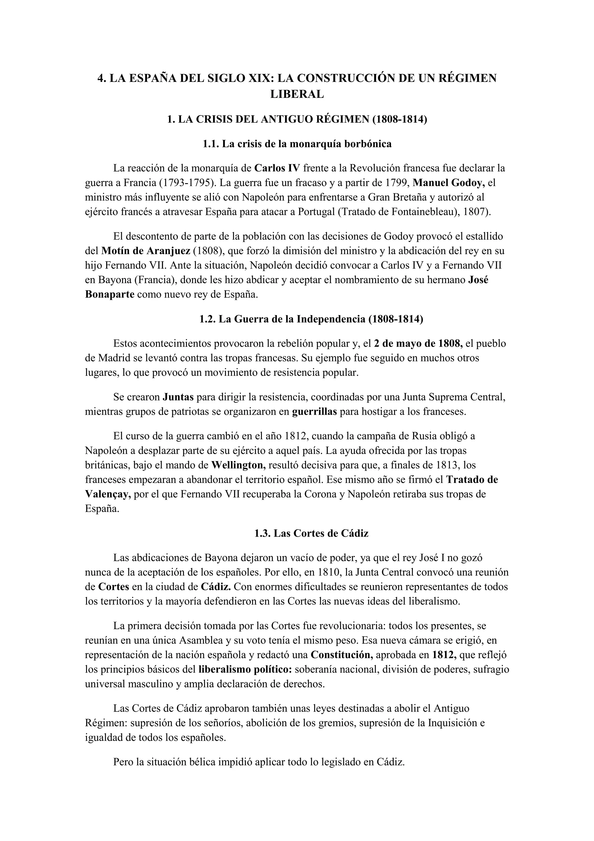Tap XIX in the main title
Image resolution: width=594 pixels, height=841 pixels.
pos(261,78)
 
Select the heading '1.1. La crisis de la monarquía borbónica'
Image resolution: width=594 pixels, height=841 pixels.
pos(297,144)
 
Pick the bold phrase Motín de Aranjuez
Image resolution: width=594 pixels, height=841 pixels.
pos(146,251)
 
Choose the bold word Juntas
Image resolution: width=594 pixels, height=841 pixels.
pos(178,397)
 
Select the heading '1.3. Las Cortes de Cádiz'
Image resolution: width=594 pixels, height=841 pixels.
pos(311,533)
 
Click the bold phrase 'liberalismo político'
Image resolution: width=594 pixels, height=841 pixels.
pos(245,669)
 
